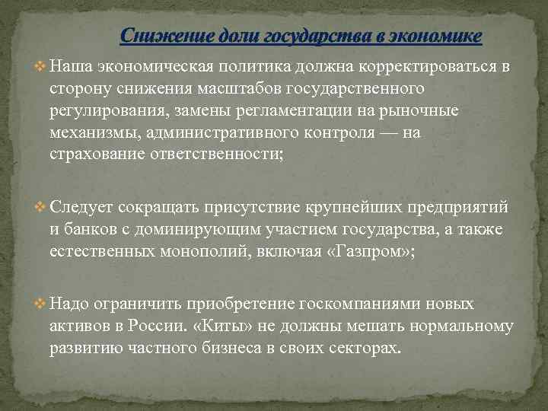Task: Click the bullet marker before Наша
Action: click(x=40, y=66)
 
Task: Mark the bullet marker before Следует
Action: click(x=40, y=207)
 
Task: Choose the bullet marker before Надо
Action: click(x=40, y=304)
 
